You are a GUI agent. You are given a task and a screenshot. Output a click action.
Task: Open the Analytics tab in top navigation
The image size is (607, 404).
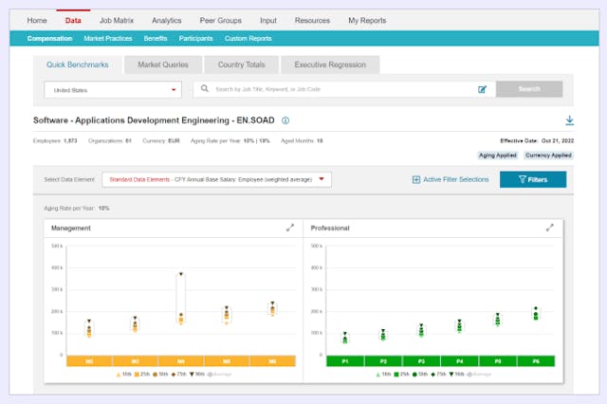166,20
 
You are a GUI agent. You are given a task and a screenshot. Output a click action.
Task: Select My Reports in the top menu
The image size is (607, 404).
366,20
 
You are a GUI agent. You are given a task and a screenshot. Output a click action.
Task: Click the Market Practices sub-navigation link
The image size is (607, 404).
108,39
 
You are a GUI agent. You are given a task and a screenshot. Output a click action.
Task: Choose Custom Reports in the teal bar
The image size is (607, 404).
248,39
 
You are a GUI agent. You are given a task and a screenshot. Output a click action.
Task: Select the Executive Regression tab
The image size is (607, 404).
330,64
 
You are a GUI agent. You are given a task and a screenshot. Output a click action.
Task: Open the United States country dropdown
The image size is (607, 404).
112,89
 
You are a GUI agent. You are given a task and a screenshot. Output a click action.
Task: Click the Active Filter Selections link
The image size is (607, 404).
451,179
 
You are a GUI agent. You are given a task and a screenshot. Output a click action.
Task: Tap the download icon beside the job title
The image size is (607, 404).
569,120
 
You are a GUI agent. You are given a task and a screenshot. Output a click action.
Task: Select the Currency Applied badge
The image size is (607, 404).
549,155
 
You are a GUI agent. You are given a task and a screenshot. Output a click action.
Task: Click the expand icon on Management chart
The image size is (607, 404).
290,228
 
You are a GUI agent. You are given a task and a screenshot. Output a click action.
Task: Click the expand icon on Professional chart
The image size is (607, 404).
550,228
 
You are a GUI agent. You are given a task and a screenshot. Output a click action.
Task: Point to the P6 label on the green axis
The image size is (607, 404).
535,361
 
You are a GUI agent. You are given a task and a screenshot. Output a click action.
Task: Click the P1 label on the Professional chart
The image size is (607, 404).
345,361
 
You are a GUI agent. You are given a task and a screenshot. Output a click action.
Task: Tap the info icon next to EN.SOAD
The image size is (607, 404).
285,120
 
